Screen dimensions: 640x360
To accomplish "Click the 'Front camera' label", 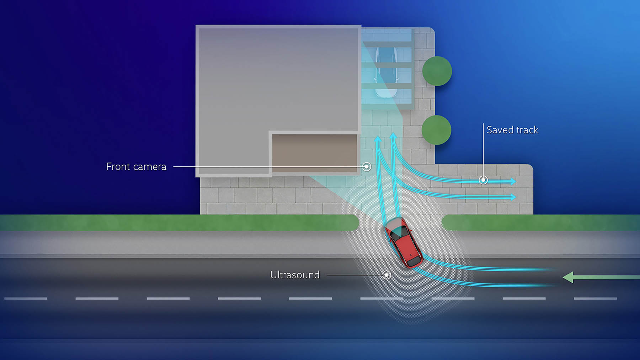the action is (x=136, y=166).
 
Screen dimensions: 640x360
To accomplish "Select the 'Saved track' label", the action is (x=512, y=130).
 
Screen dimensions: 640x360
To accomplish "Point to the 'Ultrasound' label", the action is (x=295, y=275).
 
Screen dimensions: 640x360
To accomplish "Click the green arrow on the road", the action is (x=601, y=277).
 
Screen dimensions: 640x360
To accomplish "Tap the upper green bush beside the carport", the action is (x=437, y=71).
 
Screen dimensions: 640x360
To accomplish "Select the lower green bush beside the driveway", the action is (x=436, y=130).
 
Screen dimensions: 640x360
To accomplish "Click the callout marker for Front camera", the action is (x=367, y=166).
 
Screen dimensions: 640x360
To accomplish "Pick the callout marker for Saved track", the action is (x=483, y=180).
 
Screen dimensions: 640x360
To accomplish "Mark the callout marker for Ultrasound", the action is (x=387, y=275).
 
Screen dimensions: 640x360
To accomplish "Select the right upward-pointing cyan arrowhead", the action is (x=393, y=135).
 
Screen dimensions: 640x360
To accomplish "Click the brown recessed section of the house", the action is (x=315, y=153).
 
